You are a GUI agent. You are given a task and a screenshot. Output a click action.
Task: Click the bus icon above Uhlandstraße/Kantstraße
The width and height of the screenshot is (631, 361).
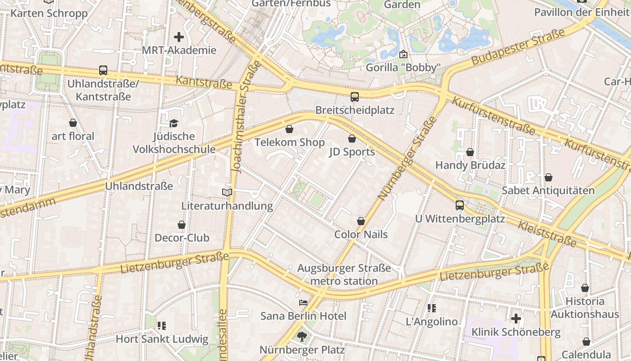103,70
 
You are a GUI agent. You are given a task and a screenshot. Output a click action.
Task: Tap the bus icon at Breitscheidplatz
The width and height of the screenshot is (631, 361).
355,97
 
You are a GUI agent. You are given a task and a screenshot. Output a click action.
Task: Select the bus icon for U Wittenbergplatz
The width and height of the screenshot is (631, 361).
460,205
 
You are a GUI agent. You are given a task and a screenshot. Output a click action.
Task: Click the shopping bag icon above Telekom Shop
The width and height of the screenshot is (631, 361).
289,130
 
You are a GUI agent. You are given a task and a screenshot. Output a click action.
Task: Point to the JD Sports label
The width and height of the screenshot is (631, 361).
352,152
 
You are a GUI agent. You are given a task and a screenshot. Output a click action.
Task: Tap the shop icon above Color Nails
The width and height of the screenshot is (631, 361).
361,221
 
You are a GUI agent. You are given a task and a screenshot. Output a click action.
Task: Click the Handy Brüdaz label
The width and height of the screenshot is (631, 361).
470,165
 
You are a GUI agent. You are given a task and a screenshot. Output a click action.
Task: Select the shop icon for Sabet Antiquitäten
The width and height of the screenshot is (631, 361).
549,178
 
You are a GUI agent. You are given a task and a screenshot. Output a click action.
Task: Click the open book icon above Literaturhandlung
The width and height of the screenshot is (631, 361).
227,193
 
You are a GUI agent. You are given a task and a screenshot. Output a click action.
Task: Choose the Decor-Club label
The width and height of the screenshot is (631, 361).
182,238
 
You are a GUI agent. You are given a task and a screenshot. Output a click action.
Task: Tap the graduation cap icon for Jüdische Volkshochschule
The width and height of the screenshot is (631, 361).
174,123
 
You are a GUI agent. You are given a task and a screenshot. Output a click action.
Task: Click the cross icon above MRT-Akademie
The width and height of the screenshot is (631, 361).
179,37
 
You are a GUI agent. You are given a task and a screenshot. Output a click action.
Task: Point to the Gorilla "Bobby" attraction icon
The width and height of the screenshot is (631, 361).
403,55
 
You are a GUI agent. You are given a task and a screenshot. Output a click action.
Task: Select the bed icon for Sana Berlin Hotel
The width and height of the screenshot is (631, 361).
303,303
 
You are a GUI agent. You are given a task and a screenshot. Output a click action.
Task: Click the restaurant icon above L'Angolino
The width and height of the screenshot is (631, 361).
432,308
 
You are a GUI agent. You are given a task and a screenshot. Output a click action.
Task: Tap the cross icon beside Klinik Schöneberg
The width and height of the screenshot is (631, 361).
516,319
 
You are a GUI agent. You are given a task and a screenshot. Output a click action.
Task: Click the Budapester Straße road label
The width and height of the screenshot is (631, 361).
518,47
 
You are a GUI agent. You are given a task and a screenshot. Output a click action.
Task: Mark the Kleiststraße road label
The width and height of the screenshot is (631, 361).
547,234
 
